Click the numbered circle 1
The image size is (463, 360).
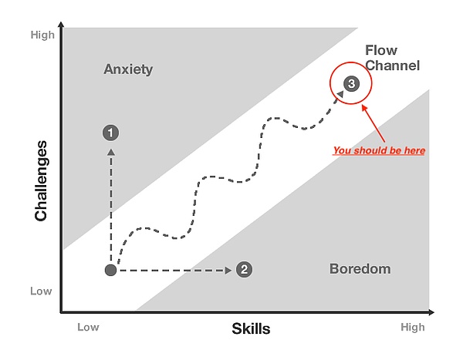tap(110, 133)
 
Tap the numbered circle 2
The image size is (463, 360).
tap(244, 269)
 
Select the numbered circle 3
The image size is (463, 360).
tap(351, 83)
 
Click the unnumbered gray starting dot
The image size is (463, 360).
tap(110, 270)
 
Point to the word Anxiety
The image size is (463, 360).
tap(128, 69)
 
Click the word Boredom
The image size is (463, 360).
tap(360, 269)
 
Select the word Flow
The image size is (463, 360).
tap(381, 50)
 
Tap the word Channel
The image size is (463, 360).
tap(393, 66)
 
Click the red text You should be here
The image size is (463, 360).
tap(379, 150)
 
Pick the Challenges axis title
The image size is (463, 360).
tap(41, 180)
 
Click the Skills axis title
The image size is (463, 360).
tap(251, 328)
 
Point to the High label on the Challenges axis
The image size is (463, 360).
tap(42, 35)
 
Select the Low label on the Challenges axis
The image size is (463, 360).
tap(41, 291)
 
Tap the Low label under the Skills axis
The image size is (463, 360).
tap(88, 327)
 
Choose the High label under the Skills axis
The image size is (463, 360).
tap(413, 328)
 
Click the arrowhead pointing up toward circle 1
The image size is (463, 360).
tap(111, 152)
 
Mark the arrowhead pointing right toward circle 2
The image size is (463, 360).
tap(228, 271)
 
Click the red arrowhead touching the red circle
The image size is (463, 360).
tap(364, 108)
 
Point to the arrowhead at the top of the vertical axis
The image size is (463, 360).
tap(61, 25)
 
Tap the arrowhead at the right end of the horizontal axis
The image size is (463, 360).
tap(431, 312)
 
